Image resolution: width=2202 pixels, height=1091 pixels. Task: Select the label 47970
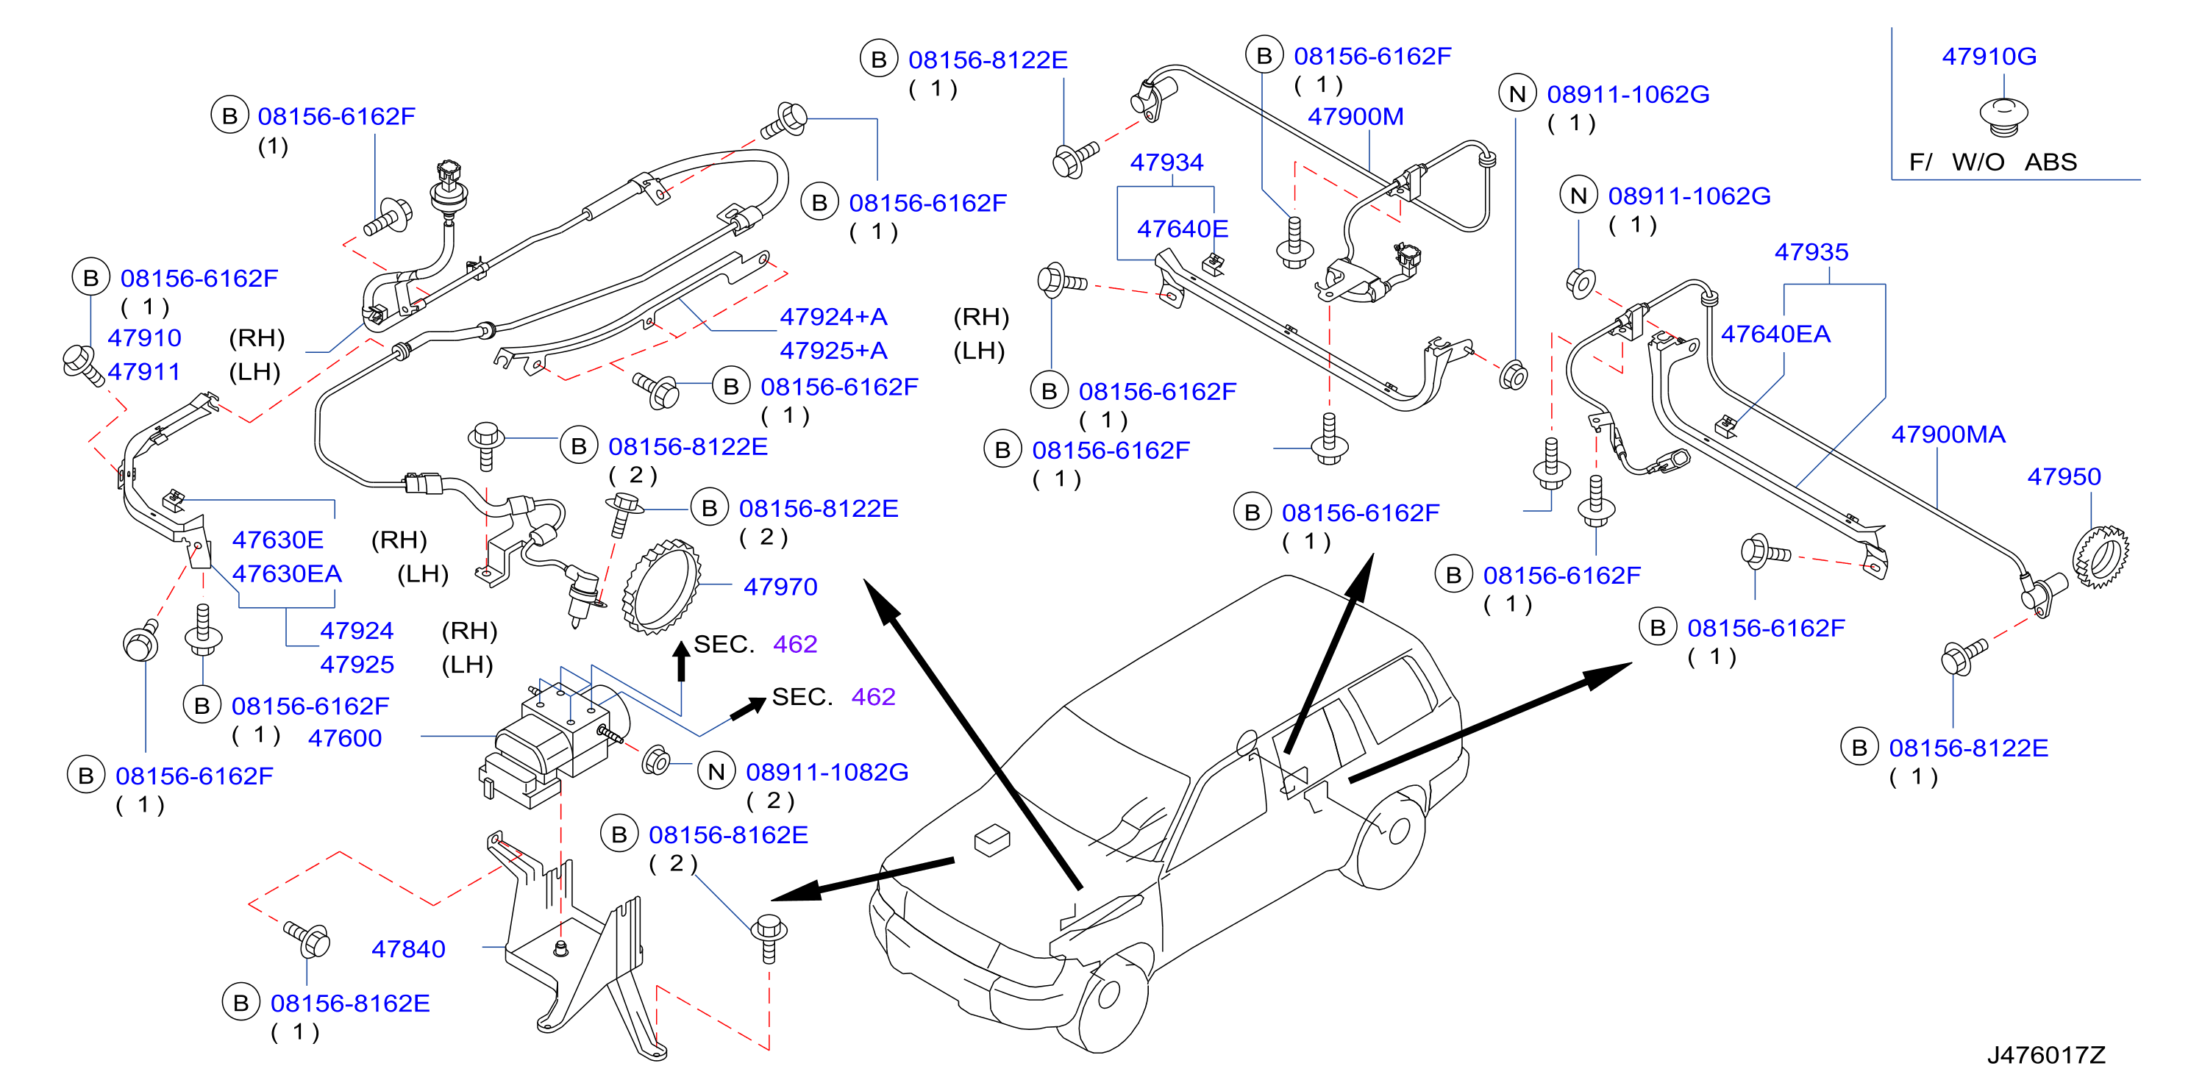click(x=780, y=587)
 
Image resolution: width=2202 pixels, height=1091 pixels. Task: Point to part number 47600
click(x=344, y=738)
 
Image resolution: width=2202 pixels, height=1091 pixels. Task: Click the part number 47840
click(x=407, y=949)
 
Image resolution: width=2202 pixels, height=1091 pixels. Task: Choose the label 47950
click(x=2064, y=476)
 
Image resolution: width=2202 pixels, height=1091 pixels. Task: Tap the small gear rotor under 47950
click(x=2101, y=557)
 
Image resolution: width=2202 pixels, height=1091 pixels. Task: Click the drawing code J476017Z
click(x=2045, y=1055)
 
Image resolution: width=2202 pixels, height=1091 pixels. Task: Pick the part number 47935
click(x=1811, y=252)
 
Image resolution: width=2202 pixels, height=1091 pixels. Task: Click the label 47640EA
click(x=1775, y=334)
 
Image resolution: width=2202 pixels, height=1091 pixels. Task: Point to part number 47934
click(x=1166, y=162)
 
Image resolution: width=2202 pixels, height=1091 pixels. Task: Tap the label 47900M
click(x=1355, y=116)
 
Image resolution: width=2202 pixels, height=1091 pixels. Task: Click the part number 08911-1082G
click(x=827, y=773)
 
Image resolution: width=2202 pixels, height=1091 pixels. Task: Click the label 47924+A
click(x=833, y=317)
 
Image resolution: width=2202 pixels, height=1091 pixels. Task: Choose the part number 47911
click(x=143, y=373)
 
